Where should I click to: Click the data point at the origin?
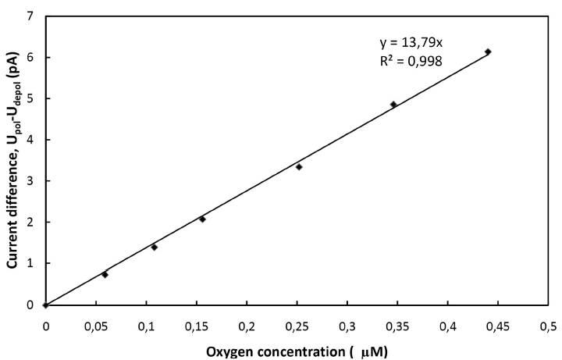[x=45, y=305]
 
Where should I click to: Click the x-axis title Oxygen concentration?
[x=296, y=351]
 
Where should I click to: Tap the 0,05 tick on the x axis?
[x=95, y=323]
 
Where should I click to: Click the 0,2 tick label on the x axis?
[x=247, y=323]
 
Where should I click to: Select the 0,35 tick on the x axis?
[x=397, y=323]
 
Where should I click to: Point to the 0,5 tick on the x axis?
[x=548, y=323]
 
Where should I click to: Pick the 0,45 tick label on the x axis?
[x=498, y=323]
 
